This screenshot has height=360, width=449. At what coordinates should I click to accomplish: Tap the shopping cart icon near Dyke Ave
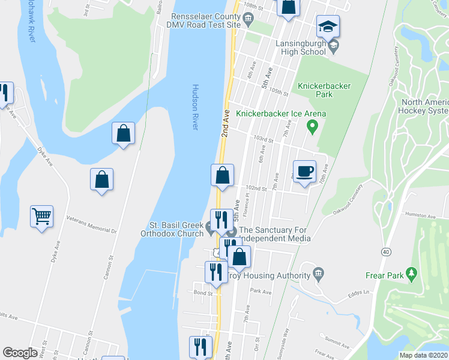tap(42, 216)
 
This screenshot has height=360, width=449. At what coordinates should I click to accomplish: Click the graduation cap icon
tap(328, 26)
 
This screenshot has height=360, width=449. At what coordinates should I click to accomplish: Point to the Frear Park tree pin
tap(411, 274)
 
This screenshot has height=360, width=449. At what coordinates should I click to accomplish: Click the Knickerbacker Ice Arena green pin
tap(312, 126)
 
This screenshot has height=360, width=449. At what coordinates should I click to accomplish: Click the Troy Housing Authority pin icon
tap(318, 274)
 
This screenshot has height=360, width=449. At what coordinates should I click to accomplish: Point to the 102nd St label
tap(256, 188)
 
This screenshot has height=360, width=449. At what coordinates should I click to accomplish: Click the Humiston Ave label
tap(420, 215)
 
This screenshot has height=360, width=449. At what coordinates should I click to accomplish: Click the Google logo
tap(20, 353)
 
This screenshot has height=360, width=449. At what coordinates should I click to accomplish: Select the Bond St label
tap(203, 293)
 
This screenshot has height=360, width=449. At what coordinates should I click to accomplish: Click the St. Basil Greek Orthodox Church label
tap(172, 230)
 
